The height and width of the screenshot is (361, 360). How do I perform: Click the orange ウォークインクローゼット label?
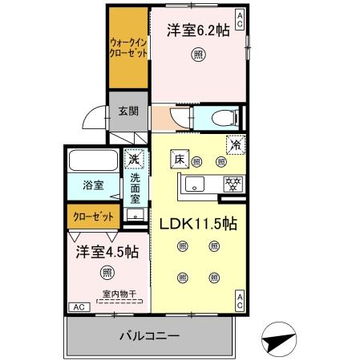tap(127, 49)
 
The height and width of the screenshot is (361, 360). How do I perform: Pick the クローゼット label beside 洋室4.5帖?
tap(94, 217)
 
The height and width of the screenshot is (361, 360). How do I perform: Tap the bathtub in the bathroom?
tap(93, 161)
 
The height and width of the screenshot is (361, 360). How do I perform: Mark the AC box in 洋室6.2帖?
tap(240, 15)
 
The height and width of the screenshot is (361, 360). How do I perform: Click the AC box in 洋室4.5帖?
tap(79, 306)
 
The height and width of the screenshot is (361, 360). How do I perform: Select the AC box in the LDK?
tap(240, 301)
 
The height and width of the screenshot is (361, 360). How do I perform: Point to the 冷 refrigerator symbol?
tap(235, 146)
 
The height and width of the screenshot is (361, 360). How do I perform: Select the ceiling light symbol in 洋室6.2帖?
tap(196, 55)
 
